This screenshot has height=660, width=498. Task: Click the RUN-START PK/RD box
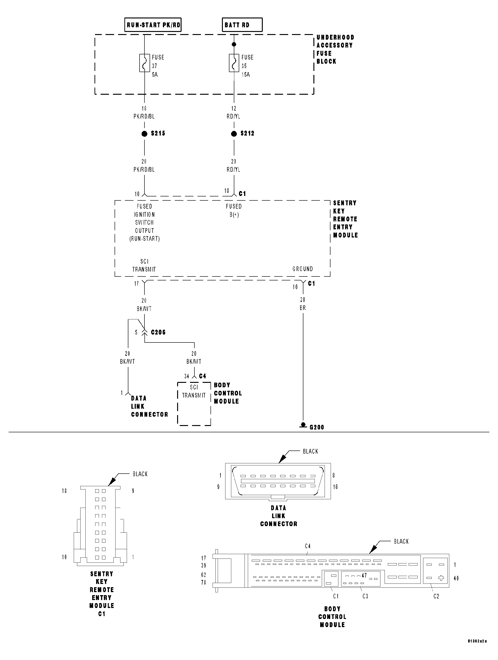[153, 25]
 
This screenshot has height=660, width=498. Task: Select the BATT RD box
[242, 25]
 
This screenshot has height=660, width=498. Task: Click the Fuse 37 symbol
[144, 63]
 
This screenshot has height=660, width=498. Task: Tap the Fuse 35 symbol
[234, 63]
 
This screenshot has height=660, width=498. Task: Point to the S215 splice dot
[144, 134]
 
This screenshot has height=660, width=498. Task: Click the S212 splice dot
[234, 134]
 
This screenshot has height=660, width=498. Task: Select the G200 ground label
[317, 427]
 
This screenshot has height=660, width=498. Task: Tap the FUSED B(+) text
[234, 210]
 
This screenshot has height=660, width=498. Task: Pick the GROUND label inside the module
[303, 269]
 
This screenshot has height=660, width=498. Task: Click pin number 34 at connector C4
[187, 377]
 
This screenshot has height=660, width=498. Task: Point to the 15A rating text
[245, 75]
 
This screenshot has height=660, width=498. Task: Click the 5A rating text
[154, 75]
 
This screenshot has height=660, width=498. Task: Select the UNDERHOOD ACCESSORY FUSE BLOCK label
[335, 49]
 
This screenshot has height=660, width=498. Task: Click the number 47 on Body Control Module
[364, 576]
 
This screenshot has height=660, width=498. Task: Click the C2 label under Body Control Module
[436, 597]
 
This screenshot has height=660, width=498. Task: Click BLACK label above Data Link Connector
[310, 451]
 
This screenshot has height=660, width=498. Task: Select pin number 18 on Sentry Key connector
[64, 491]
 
